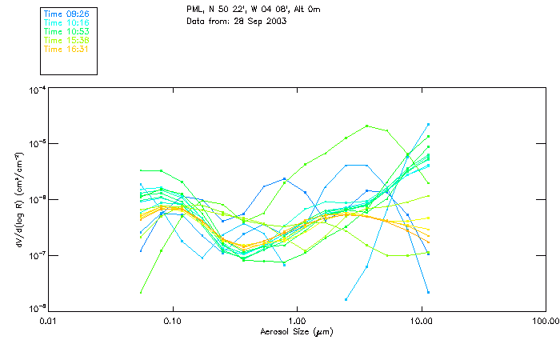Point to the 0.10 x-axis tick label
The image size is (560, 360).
(x=172, y=321)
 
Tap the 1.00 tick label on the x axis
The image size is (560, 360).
(x=297, y=321)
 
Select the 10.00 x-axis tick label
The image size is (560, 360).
(x=421, y=321)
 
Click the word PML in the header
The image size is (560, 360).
(x=194, y=8)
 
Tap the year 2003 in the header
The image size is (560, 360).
(x=276, y=20)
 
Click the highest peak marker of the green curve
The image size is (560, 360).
(x=366, y=126)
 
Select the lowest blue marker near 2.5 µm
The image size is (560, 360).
(x=346, y=299)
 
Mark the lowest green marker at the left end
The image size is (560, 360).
(x=141, y=292)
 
